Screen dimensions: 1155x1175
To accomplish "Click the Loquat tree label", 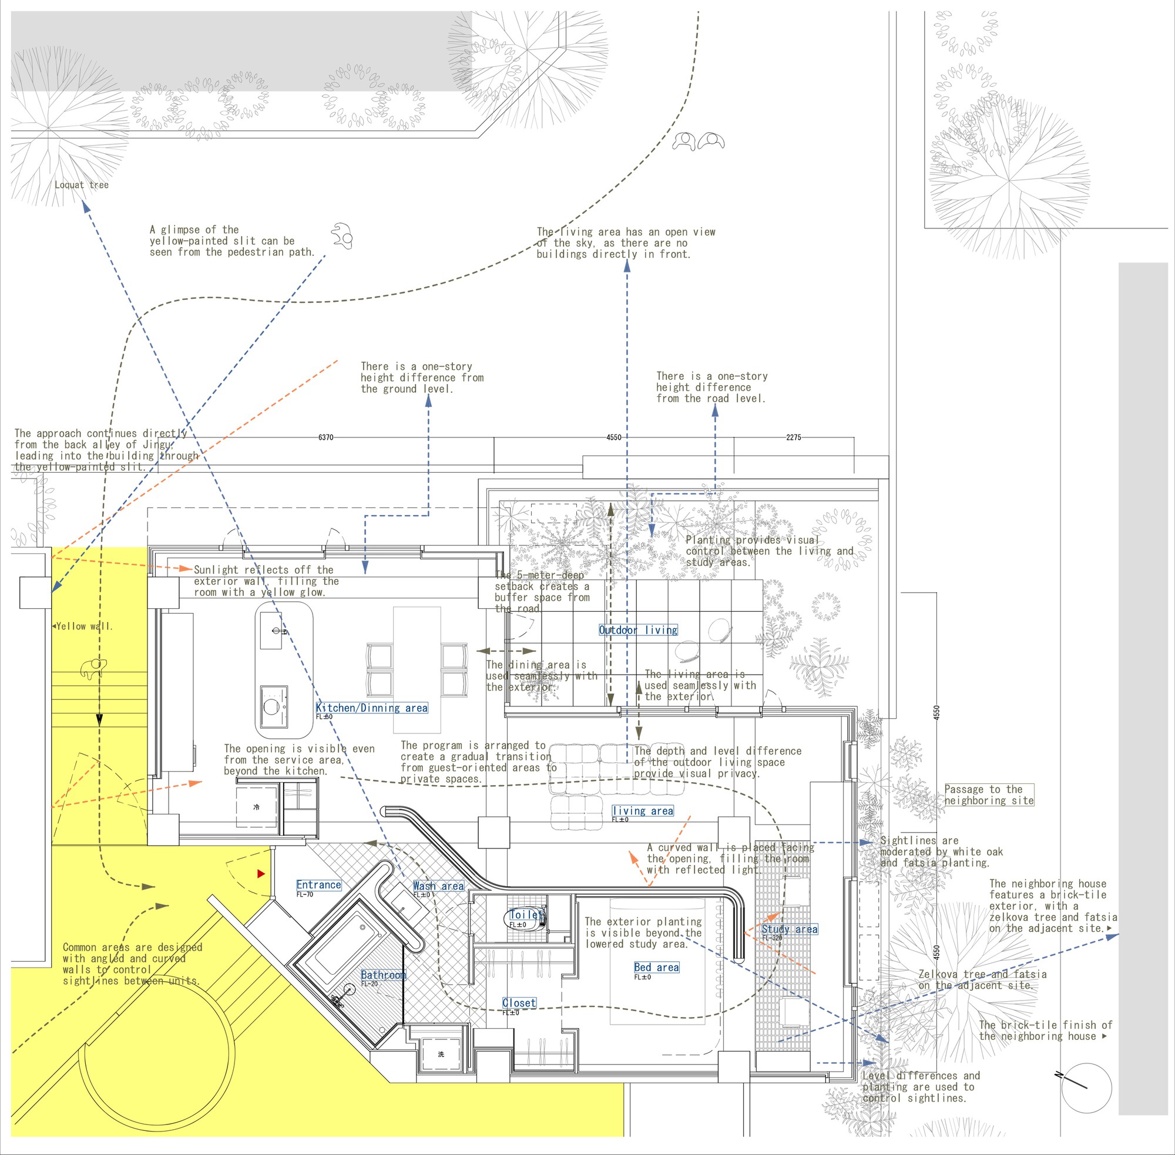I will pyautogui.click(x=81, y=185).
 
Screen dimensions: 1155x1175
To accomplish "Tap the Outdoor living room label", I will pyautogui.click(x=638, y=629).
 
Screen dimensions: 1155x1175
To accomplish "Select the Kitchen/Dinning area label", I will pyautogui.click(x=371, y=708).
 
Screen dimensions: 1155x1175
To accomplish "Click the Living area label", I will pyautogui.click(x=643, y=810).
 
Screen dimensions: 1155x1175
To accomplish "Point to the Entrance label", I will pyautogui.click(x=318, y=884).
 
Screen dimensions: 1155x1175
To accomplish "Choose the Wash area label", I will pyautogui.click(x=438, y=885).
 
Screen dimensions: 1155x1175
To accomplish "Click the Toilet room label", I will pyautogui.click(x=526, y=914).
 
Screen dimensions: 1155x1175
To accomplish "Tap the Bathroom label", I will pyautogui.click(x=383, y=975).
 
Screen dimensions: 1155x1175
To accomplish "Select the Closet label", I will pyautogui.click(x=519, y=1003).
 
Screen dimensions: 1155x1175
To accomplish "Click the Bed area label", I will pyautogui.click(x=656, y=967).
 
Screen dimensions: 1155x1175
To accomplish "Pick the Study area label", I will pyautogui.click(x=789, y=929).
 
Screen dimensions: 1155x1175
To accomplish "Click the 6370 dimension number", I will pyautogui.click(x=326, y=437).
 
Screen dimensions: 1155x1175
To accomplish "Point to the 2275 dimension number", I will pyautogui.click(x=793, y=437).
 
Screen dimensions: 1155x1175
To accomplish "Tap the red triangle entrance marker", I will pyautogui.click(x=261, y=874).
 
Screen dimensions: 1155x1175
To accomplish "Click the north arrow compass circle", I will pyautogui.click(x=1087, y=1087).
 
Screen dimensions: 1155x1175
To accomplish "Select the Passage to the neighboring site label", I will pyautogui.click(x=989, y=794).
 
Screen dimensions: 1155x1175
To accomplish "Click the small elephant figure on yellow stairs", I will pyautogui.click(x=93, y=667).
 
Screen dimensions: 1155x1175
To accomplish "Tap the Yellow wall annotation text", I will pyautogui.click(x=83, y=626).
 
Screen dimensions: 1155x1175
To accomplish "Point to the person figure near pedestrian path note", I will pyautogui.click(x=343, y=235).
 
